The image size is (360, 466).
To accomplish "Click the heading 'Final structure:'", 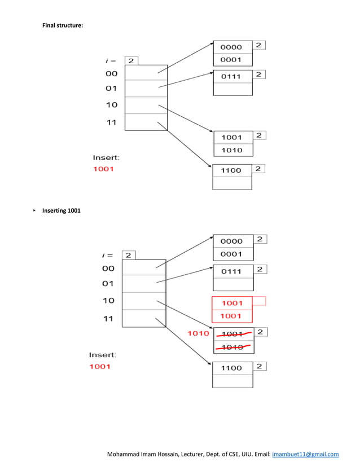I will [63, 26].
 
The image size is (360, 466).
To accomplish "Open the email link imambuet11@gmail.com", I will [305, 454].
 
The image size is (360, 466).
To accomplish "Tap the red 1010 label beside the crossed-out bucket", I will [199, 333].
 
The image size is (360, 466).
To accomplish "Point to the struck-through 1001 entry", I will [232, 333].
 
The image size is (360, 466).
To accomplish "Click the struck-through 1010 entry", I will [232, 347].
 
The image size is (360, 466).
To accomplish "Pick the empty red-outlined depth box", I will [259, 301].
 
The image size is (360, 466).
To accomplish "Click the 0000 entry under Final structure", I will [231, 47].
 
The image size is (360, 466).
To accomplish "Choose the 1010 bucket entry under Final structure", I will [232, 150].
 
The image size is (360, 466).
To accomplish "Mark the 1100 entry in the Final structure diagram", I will [231, 170].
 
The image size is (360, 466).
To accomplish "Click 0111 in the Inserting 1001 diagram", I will [231, 271].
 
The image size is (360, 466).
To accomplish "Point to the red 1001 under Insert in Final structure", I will [103, 169].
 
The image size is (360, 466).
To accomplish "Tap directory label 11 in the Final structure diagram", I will [112, 122].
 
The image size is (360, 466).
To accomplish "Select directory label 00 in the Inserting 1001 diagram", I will [108, 269].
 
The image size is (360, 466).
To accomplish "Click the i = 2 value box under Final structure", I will [131, 60].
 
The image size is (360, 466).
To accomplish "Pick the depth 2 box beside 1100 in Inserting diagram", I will [259, 367].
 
